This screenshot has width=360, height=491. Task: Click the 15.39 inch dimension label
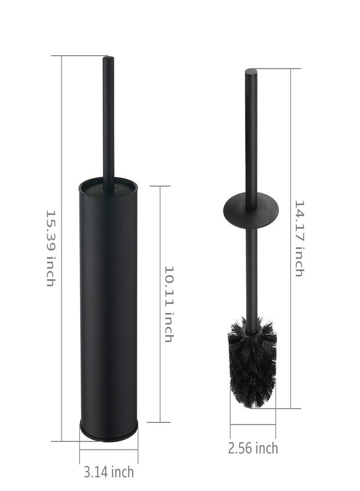pyautogui.click(x=51, y=248)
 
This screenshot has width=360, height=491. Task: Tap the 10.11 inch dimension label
pyautogui.click(x=169, y=304)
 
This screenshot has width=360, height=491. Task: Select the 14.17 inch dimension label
pyautogui.click(x=299, y=238)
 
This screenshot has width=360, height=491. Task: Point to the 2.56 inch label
pyautogui.click(x=253, y=448)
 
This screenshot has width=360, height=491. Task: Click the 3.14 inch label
pyautogui.click(x=109, y=472)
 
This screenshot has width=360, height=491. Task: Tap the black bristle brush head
pyautogui.click(x=252, y=363)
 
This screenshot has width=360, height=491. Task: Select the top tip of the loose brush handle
pyautogui.click(x=251, y=69)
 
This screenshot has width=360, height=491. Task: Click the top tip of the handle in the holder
pyautogui.click(x=109, y=57)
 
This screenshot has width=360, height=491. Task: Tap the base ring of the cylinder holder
pyautogui.click(x=109, y=433)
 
